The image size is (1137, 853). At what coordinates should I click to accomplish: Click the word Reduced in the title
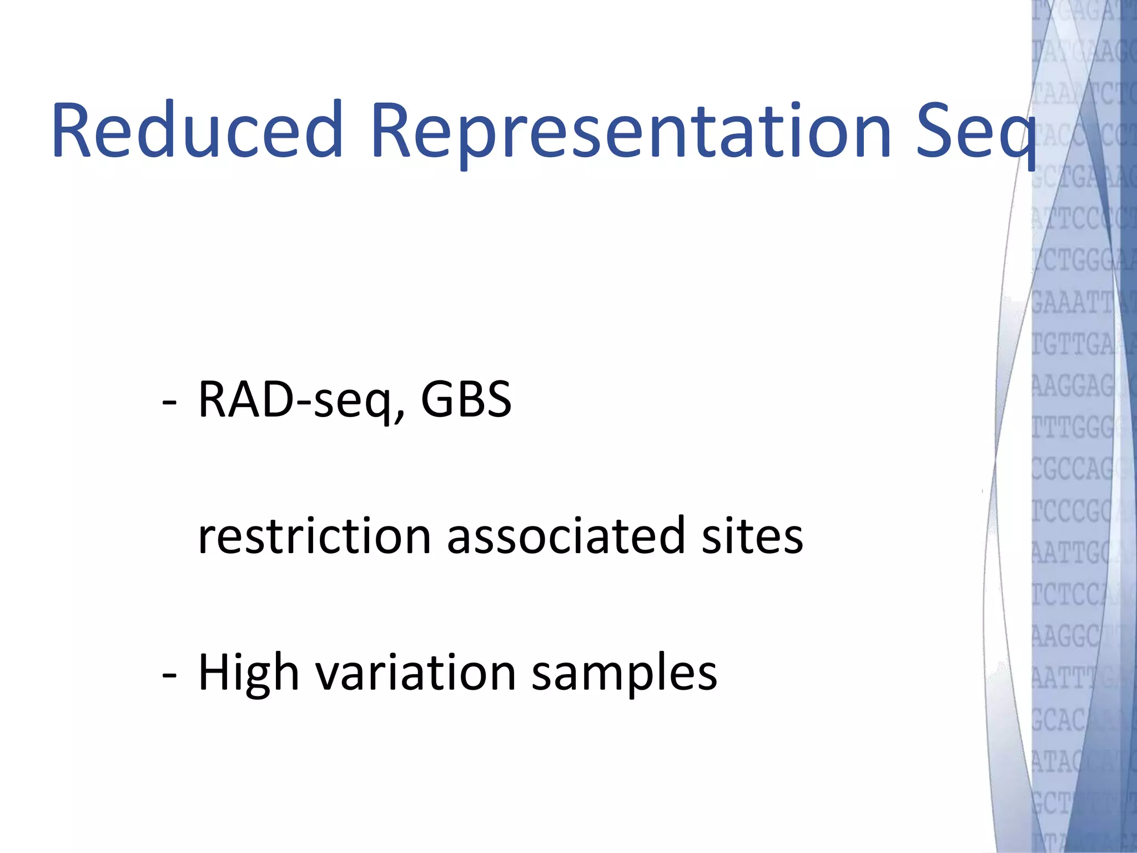click(197, 131)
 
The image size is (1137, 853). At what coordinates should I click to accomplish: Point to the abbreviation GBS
click(466, 400)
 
